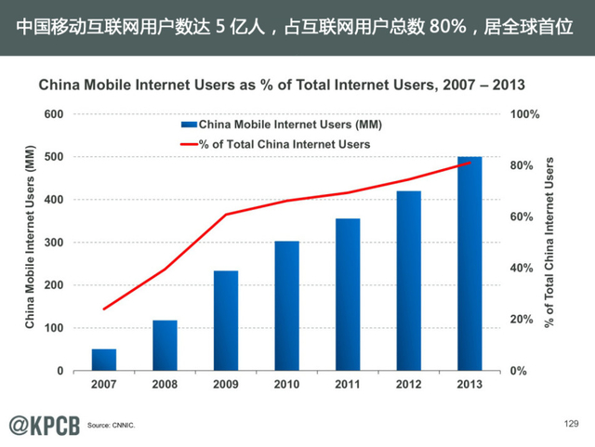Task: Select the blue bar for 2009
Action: tap(226, 321)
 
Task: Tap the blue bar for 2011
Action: tap(348, 295)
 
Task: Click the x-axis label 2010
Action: tap(286, 383)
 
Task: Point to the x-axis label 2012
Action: tap(408, 383)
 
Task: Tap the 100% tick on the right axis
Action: tap(526, 114)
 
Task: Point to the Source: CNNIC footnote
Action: tap(111, 426)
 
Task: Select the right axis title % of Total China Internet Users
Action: tap(549, 243)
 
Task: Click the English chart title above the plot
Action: tap(281, 85)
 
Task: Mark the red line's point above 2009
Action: tap(226, 215)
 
